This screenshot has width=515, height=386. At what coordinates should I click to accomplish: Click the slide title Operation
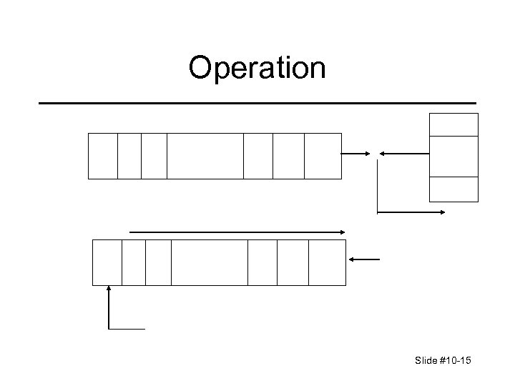click(257, 68)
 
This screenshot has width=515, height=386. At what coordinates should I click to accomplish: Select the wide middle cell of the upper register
click(205, 156)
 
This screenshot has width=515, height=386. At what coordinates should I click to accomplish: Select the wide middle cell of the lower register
click(210, 262)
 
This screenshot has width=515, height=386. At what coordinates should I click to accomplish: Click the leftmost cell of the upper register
click(102, 156)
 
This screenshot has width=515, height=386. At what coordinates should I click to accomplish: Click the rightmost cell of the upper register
click(323, 156)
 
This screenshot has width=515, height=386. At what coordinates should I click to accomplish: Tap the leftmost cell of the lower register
click(107, 262)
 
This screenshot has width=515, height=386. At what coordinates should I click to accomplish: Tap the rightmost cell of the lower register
click(327, 262)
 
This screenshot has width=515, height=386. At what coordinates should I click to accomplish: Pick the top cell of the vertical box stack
click(453, 124)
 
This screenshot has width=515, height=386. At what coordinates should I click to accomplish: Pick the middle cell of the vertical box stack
click(453, 156)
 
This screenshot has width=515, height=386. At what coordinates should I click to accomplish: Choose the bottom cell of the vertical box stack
click(453, 189)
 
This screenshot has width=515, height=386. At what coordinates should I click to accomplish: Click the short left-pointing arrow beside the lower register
click(367, 259)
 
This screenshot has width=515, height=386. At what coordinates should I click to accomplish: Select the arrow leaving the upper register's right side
click(355, 153)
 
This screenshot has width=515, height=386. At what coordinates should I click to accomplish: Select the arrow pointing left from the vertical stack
click(403, 153)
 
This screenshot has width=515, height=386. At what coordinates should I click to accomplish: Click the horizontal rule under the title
click(257, 104)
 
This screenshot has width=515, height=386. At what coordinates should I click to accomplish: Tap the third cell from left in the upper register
click(154, 156)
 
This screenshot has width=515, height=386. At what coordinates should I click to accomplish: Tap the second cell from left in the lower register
click(134, 262)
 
